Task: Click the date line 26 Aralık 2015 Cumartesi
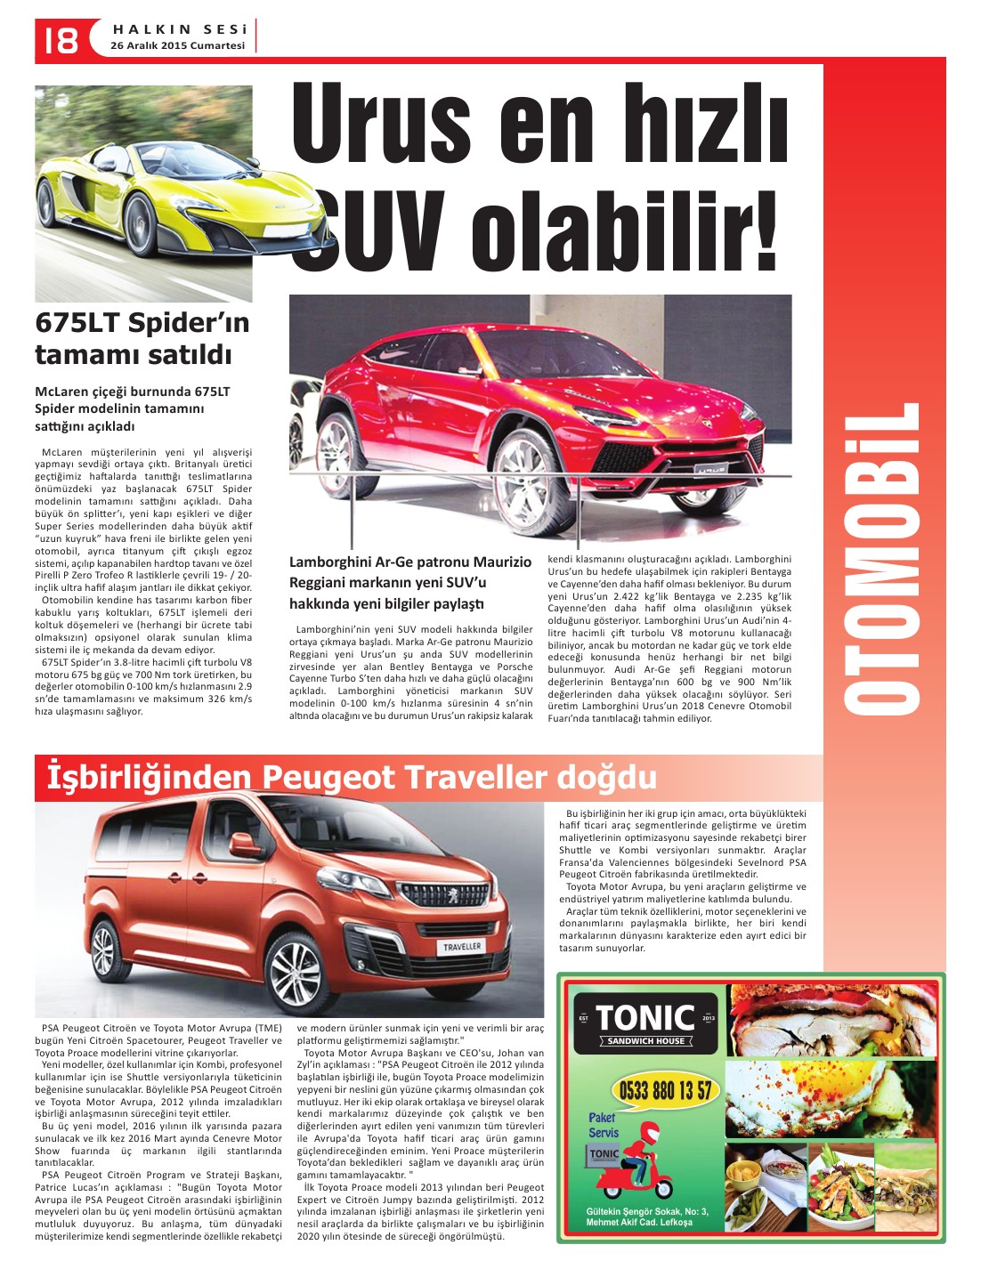click(177, 45)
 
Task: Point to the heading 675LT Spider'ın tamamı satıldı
click(142, 338)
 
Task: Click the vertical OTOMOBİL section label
click(882, 558)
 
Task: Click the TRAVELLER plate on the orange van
click(462, 947)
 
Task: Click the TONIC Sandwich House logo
click(645, 1023)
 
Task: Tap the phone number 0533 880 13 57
click(664, 1090)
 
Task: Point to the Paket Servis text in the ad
click(604, 1125)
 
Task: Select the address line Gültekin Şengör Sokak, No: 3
click(647, 1211)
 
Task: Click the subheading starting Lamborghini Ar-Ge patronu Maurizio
click(409, 583)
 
